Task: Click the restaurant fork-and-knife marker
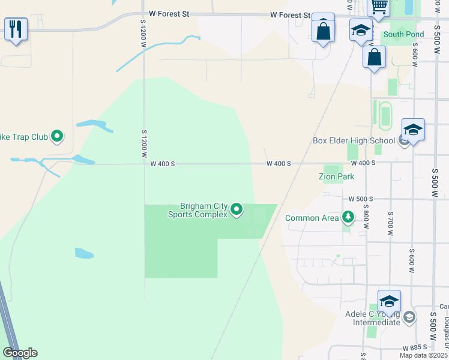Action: [x=16, y=28]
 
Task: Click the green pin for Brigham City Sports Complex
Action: [x=237, y=209]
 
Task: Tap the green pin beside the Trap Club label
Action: [x=57, y=137]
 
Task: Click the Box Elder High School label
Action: [x=354, y=141]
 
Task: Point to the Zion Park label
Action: [x=336, y=176]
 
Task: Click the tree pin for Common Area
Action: [x=348, y=217]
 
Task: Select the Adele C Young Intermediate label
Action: [x=373, y=318]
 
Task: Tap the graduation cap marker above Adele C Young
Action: [x=389, y=301]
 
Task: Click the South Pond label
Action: [x=403, y=34]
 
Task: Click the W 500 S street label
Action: [x=361, y=199]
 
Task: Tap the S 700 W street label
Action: [x=390, y=222]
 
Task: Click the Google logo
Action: [x=20, y=353]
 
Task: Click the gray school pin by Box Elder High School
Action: [x=404, y=141]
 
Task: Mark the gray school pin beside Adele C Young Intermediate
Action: [x=409, y=317]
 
